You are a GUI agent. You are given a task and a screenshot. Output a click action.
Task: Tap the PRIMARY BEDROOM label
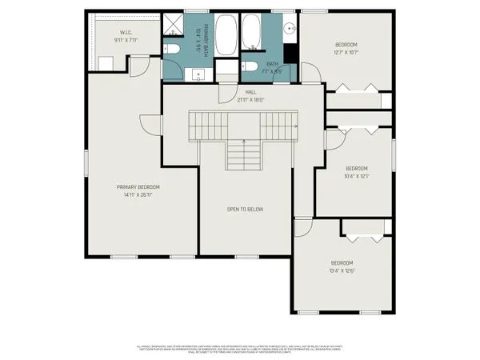138,187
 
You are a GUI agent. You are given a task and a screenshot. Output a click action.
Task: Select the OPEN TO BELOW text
245,210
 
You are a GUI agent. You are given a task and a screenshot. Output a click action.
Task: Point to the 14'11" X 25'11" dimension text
138,194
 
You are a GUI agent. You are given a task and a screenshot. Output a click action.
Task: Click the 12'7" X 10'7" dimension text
346,51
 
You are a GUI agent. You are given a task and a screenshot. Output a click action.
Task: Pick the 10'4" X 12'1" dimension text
356,176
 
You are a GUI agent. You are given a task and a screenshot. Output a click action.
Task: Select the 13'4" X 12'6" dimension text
342,270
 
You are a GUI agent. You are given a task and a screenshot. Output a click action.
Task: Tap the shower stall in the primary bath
173,26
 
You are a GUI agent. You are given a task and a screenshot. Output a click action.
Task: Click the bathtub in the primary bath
226,32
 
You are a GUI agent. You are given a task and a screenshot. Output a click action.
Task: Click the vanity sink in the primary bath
198,74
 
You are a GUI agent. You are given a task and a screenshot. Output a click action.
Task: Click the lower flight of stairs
244,154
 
